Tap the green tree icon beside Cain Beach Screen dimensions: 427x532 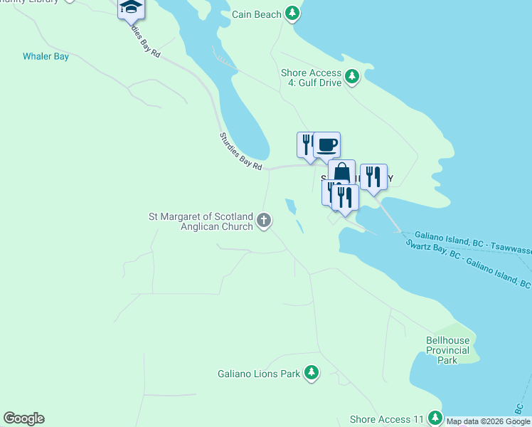tap(292, 14)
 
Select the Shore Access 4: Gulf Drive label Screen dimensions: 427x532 tap(311, 78)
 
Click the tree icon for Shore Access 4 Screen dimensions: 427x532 tap(351, 76)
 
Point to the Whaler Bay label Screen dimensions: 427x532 tap(46, 56)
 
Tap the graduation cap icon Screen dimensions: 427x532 tap(132, 7)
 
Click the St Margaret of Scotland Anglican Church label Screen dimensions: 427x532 tap(200, 221)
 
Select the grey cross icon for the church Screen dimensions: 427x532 tap(264, 221)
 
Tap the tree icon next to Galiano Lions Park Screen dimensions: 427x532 tap(311, 372)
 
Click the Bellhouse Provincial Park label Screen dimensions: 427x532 tap(447, 350)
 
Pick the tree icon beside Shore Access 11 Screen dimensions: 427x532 tap(434, 418)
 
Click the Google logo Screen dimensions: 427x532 tap(23, 418)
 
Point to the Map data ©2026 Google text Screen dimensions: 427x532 tap(489, 421)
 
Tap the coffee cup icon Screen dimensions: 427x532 tap(326, 145)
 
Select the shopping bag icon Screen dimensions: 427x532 tap(341, 172)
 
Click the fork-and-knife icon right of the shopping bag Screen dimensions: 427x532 tap(373, 176)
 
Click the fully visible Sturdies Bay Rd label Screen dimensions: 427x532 tap(240, 151)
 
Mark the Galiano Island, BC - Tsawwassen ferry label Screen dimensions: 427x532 tap(470, 241)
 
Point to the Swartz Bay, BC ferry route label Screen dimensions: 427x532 tap(468, 263)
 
